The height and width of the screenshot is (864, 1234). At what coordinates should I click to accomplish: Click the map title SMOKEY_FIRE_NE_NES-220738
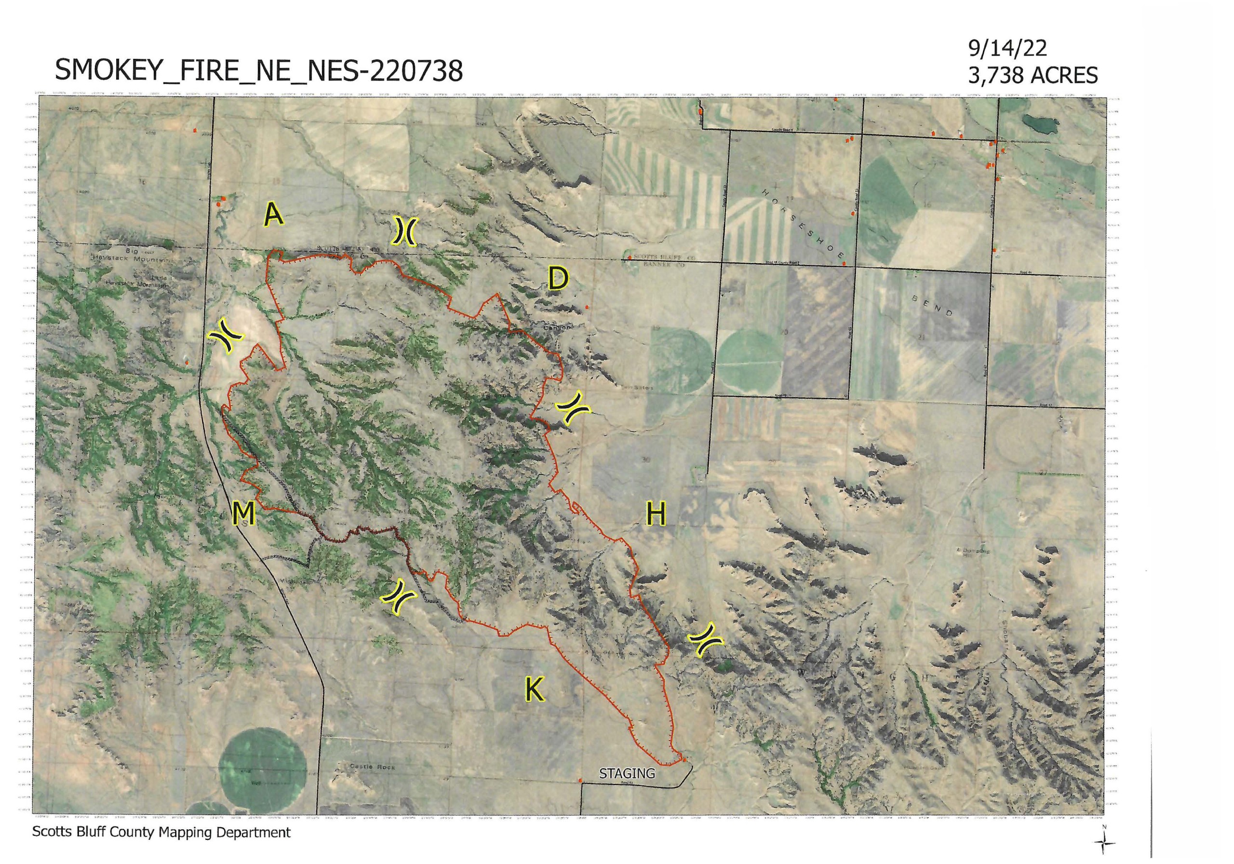click(258, 70)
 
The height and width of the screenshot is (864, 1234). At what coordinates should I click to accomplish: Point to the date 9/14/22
click(1006, 48)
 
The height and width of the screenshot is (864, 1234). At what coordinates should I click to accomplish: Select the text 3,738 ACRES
click(1032, 75)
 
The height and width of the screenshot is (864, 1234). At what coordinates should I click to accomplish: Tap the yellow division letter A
click(273, 216)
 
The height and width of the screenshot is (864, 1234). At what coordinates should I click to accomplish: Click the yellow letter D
click(557, 279)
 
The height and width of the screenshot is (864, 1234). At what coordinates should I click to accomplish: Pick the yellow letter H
click(656, 514)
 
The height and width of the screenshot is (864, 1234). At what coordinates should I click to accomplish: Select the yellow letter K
click(534, 689)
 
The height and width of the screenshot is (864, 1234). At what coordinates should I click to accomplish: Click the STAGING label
click(627, 773)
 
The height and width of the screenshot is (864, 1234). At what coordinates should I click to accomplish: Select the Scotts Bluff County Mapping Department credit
click(161, 832)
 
